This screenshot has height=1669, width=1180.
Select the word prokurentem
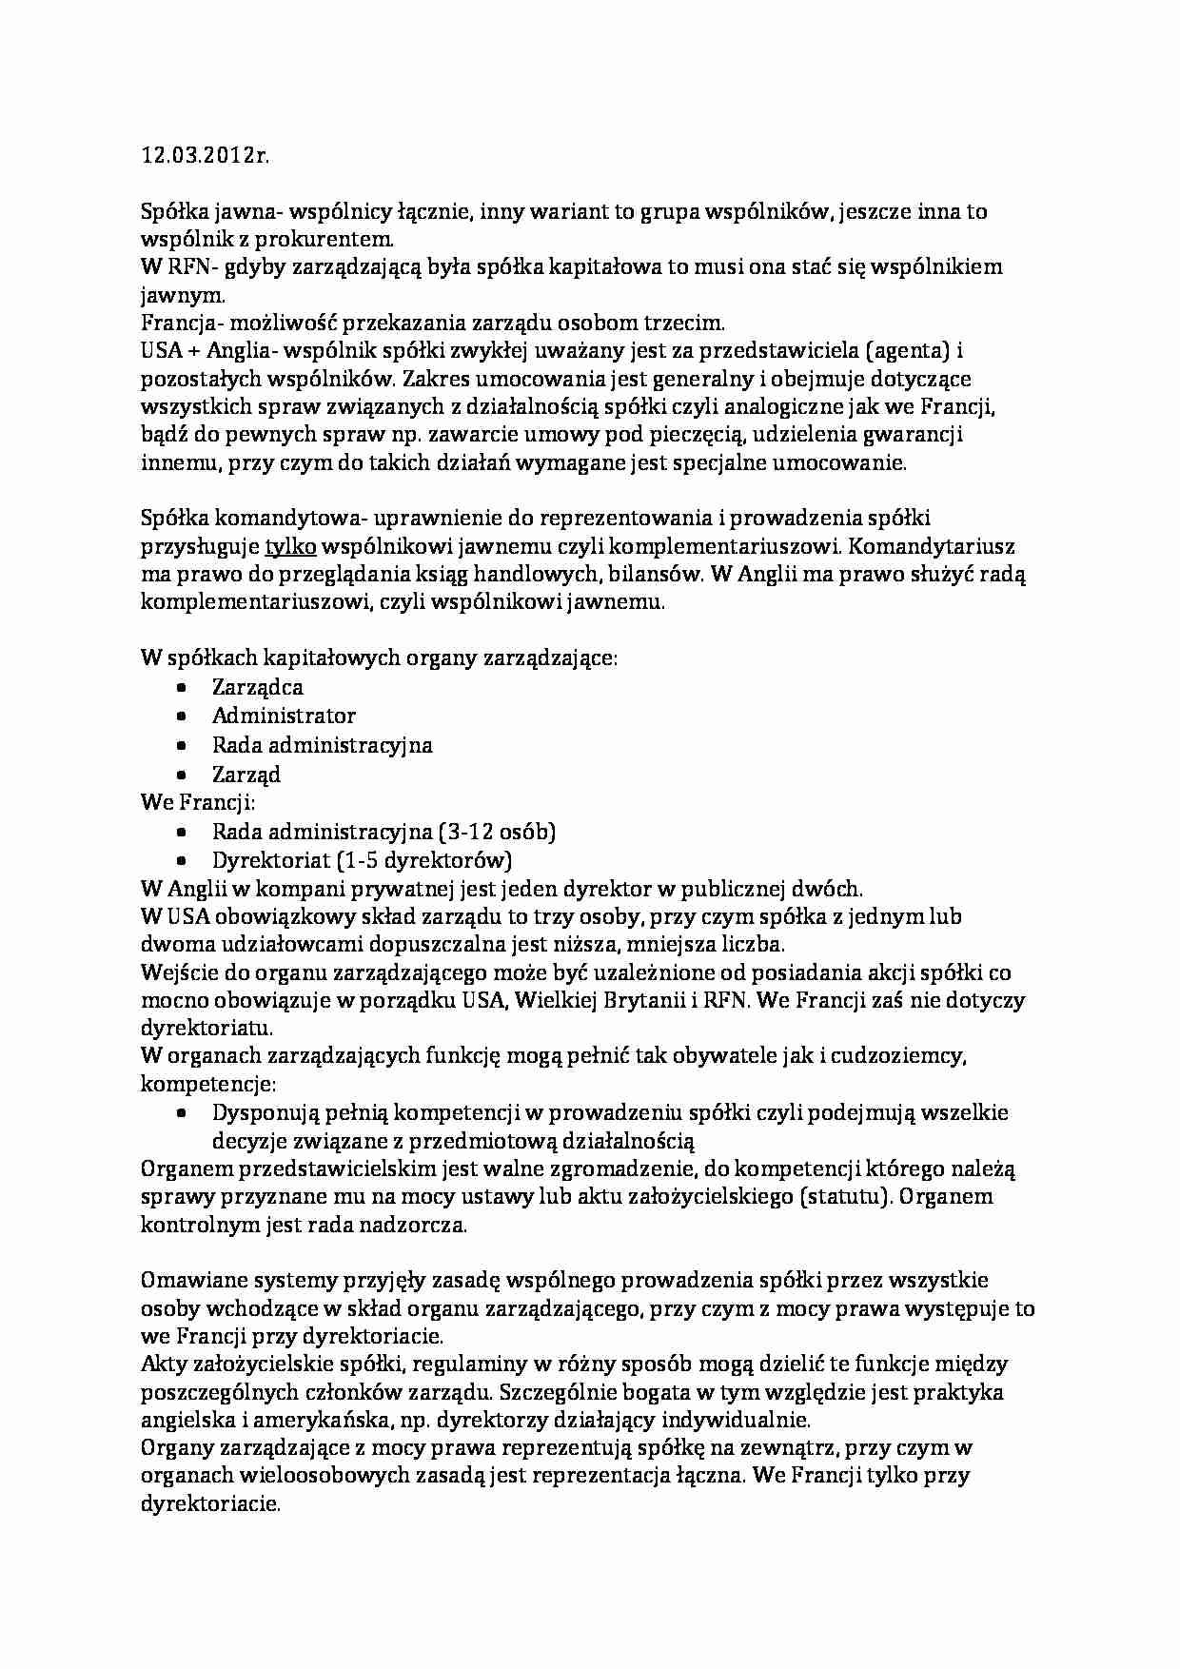point(324,239)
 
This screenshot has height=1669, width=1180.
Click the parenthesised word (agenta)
point(908,351)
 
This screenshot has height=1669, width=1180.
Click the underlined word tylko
point(290,546)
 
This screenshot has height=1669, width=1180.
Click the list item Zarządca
point(257,687)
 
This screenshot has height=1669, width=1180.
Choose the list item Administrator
point(284,716)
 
